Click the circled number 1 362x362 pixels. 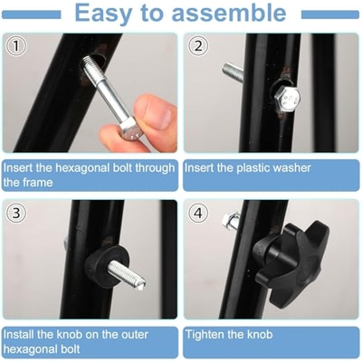tap(16, 46)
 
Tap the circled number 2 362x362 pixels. tap(197, 46)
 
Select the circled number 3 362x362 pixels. tap(16, 213)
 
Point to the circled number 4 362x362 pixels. tap(198, 213)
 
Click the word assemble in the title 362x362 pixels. tap(229, 13)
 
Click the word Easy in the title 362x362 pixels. tap(103, 14)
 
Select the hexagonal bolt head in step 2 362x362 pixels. tap(287, 99)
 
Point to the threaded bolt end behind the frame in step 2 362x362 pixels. tap(233, 72)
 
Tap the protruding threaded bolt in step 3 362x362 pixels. tap(127, 275)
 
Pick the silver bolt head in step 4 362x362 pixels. tap(231, 221)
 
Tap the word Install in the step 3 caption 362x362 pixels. tap(19, 334)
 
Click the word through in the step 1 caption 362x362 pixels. tap(155, 168)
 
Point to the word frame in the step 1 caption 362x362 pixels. tap(38, 183)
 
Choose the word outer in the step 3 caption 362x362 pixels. tap(134, 335)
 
